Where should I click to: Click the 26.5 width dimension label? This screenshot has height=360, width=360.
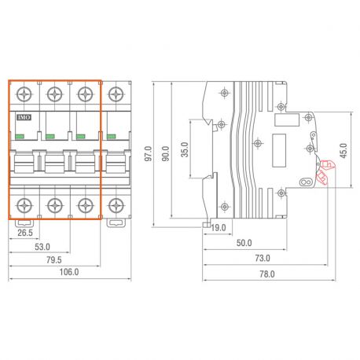(x=24, y=232)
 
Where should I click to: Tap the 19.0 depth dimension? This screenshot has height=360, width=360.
(x=218, y=228)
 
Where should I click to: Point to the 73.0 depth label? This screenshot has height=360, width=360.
(x=262, y=258)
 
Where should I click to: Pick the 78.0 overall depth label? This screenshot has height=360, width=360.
(x=267, y=274)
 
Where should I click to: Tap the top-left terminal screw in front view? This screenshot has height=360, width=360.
(x=24, y=95)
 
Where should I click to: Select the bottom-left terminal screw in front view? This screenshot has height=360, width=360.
(x=24, y=206)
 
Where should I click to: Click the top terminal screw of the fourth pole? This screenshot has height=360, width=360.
(x=116, y=95)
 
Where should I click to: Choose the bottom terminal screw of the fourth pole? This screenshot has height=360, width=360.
(x=116, y=206)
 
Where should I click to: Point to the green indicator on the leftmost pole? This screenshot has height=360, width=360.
(x=20, y=136)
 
